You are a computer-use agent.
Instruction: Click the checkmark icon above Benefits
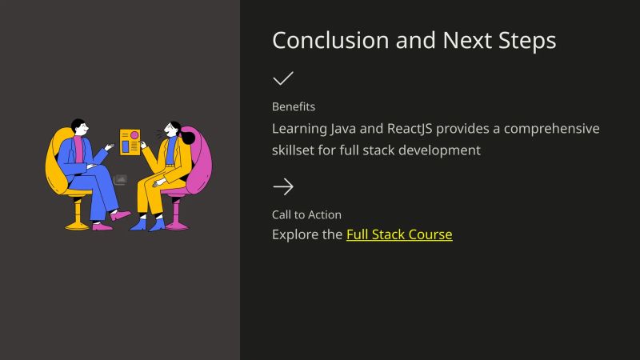[282, 78]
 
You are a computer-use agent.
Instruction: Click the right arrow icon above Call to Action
[282, 187]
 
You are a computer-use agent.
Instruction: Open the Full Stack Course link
[399, 235]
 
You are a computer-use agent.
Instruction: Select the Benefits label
[294, 106]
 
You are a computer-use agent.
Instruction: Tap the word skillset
[296, 150]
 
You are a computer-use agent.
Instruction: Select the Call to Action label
[306, 214]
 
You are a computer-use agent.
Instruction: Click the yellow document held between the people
[130, 142]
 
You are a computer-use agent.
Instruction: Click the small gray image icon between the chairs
[120, 180]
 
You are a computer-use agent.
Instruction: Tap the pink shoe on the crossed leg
[122, 215]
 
